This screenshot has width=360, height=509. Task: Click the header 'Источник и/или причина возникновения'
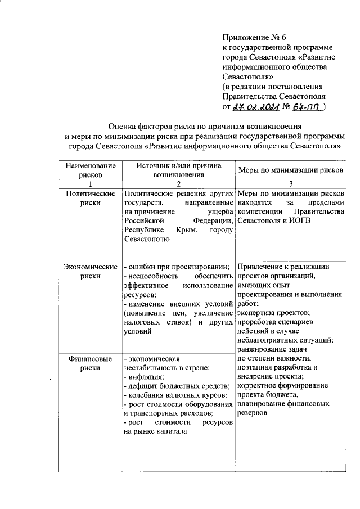pyautogui.click(x=178, y=170)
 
